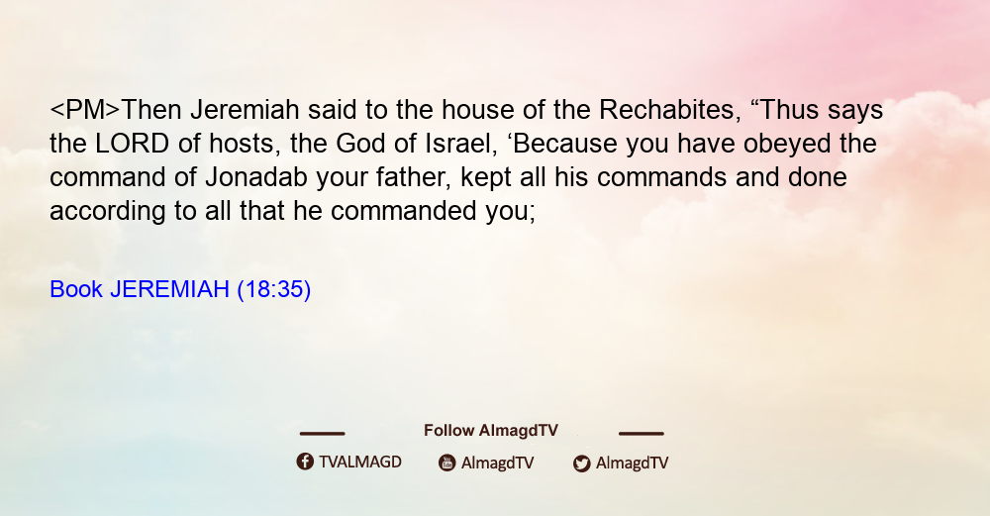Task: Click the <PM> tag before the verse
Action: (x=85, y=110)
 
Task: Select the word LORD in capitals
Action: (x=132, y=144)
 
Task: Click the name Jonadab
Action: (x=256, y=177)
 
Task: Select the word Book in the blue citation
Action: (x=76, y=289)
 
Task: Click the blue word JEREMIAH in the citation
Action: (x=170, y=289)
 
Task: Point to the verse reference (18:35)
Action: (x=274, y=290)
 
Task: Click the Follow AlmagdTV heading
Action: (x=491, y=430)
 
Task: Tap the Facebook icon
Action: (x=305, y=462)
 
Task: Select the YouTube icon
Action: (x=447, y=463)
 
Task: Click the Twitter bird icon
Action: (x=581, y=464)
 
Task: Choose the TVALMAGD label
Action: (x=360, y=462)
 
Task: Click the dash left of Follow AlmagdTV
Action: (x=322, y=434)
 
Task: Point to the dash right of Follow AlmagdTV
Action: (x=642, y=434)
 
